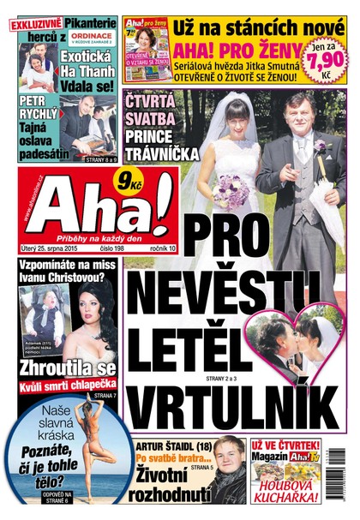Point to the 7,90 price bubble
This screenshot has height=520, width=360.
[x=327, y=62]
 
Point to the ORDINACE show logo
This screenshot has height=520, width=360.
[x=91, y=34]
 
